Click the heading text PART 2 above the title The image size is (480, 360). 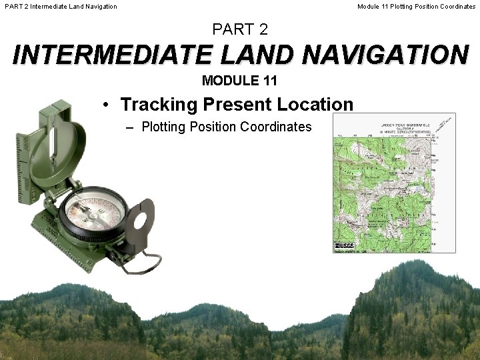[x=240, y=29]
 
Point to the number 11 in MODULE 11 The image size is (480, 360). [x=269, y=81]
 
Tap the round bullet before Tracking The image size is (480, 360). [x=107, y=105]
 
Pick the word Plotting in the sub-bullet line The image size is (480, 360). [x=164, y=127]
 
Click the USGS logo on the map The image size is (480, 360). [x=344, y=247]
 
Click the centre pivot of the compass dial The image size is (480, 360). [x=92, y=214]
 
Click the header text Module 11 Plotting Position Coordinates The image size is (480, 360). [x=416, y=7]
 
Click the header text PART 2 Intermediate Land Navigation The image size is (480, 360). [x=61, y=7]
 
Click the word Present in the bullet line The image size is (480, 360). [x=237, y=105]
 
